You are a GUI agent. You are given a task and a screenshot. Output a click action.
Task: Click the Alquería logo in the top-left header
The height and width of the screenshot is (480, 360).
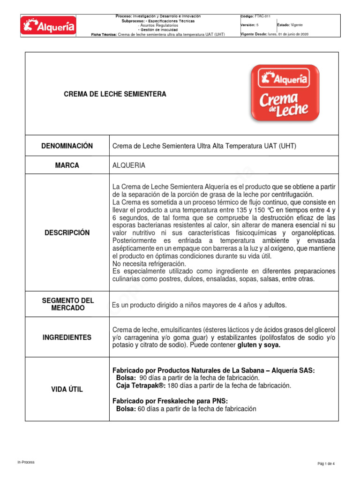point(48,26)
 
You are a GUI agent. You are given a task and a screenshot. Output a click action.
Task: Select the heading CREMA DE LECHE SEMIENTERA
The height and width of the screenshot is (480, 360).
point(115,94)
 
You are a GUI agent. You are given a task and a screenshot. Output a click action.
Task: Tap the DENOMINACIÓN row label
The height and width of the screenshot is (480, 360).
point(67,146)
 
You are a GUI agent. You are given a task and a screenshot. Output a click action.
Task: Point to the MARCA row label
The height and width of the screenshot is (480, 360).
point(67,165)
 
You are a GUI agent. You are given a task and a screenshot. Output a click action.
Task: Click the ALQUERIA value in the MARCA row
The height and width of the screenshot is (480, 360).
point(129,165)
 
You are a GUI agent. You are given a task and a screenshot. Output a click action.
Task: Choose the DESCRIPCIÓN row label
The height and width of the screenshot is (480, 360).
point(67,233)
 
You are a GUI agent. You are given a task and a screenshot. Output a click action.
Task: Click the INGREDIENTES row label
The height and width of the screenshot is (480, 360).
point(67,337)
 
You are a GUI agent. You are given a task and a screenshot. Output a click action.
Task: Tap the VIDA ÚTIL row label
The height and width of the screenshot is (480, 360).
point(67,390)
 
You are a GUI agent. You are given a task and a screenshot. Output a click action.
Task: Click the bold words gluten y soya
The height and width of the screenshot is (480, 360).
point(259,345)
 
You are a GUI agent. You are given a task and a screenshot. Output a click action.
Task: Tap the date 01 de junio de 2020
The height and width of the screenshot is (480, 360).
point(293,34)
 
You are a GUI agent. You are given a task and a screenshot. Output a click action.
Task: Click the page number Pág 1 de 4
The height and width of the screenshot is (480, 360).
point(326,464)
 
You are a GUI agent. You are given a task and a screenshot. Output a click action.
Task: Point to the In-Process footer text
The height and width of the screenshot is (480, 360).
point(26,462)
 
